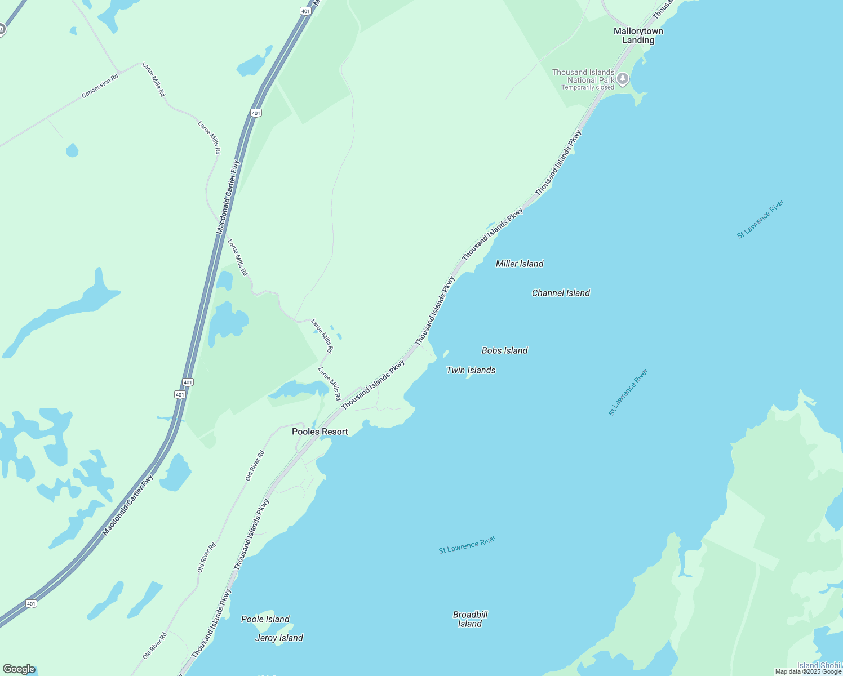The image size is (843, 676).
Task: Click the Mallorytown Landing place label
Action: point(638,35)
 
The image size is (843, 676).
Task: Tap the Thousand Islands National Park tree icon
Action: point(623,78)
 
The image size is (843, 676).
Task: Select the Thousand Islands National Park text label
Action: point(583,76)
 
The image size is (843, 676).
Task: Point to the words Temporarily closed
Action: point(587,88)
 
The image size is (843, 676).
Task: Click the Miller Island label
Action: point(520,264)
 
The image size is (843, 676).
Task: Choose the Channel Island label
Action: point(561,293)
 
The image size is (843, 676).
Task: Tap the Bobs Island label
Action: point(504,350)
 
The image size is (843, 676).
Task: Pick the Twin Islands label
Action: point(471,370)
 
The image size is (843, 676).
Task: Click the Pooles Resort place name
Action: point(320,432)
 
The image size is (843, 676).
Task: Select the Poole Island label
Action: point(265,619)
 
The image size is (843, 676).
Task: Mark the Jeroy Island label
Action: point(279,638)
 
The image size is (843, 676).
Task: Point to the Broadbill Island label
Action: point(470,619)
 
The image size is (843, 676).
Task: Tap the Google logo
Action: point(19,669)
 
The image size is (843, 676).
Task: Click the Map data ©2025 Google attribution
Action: point(808,671)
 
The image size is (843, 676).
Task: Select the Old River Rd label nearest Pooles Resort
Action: point(255,466)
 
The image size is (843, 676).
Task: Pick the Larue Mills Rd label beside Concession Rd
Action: point(154,79)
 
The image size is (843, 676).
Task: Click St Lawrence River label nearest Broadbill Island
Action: point(467,545)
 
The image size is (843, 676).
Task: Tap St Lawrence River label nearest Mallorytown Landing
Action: point(760,219)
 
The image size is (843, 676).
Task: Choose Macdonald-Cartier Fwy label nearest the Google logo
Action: point(127,506)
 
